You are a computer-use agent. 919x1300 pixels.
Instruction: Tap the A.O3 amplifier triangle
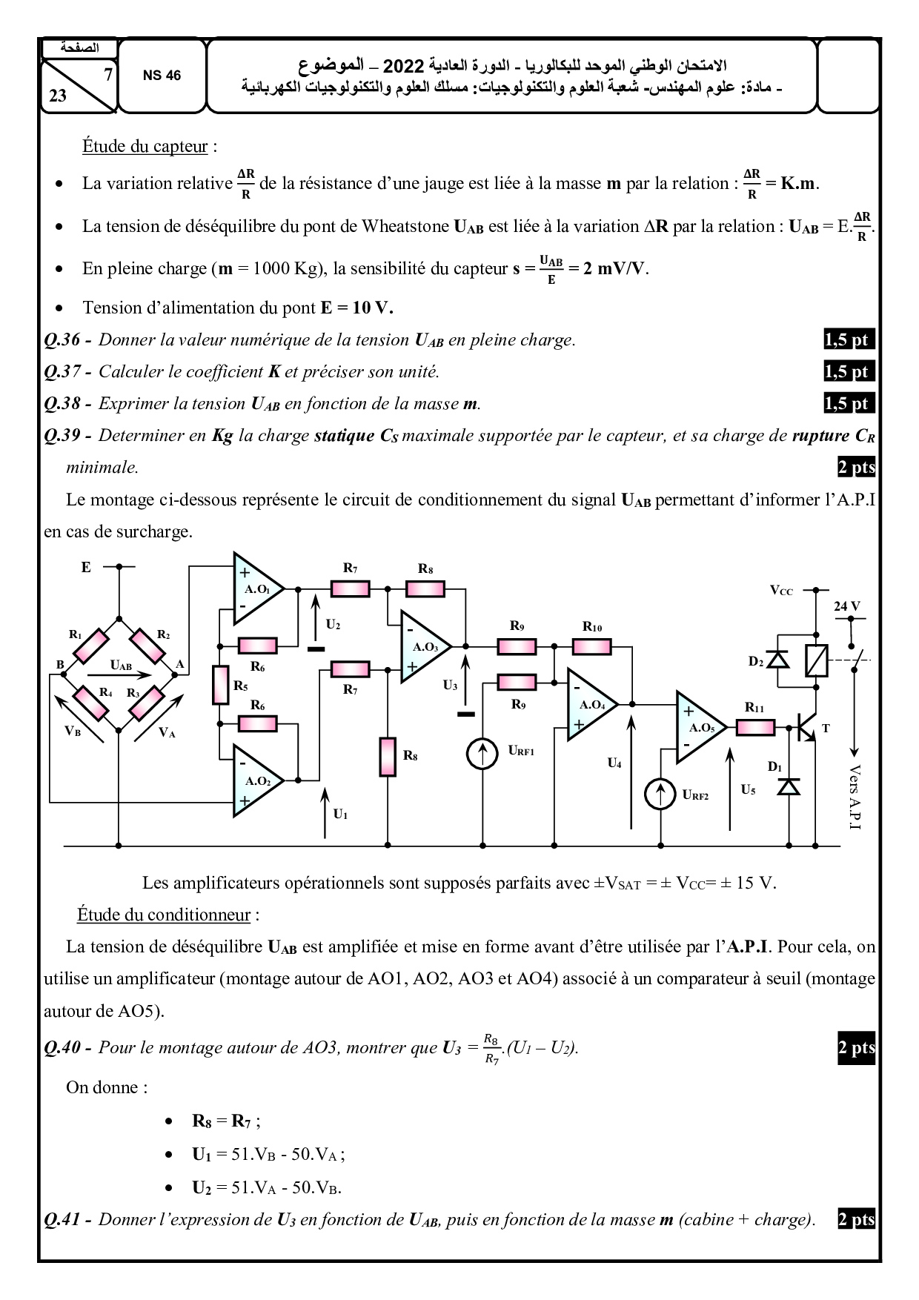(x=422, y=647)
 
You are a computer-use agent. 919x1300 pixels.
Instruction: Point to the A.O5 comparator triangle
(x=698, y=727)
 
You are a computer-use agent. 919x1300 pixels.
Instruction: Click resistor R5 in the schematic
(x=220, y=684)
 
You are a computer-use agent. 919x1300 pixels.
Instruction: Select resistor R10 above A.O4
(x=591, y=647)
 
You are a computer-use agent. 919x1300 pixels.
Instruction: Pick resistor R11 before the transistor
(x=754, y=728)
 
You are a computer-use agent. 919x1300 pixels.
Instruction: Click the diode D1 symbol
(x=789, y=786)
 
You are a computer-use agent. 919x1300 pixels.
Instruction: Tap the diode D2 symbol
(x=777, y=660)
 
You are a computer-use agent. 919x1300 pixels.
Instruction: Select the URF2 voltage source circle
(x=660, y=795)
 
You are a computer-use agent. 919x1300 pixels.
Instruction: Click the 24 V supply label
(x=846, y=606)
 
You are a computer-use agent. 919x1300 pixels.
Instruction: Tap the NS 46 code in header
(x=162, y=76)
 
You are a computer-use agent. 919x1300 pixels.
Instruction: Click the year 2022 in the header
(x=402, y=66)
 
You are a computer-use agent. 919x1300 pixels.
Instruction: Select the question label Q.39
(x=62, y=435)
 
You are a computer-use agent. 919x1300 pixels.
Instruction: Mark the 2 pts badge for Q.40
(x=856, y=1048)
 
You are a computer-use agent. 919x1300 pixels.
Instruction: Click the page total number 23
(x=58, y=95)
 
